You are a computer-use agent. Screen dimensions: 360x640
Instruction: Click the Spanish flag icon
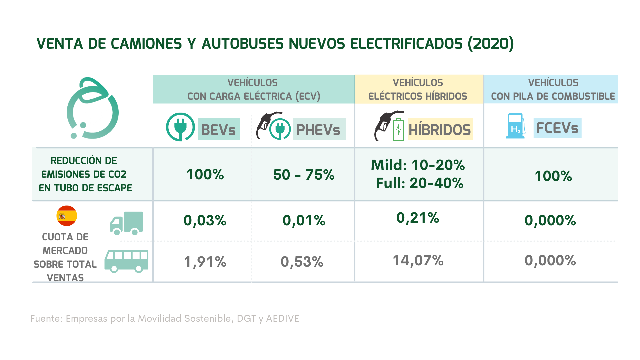67,216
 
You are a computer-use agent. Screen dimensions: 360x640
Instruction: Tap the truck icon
126,223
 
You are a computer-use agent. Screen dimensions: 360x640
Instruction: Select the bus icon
126,261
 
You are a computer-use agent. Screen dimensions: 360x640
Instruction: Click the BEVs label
219,129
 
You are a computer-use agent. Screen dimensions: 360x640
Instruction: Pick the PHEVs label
319,129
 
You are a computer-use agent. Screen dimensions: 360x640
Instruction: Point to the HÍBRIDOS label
440,129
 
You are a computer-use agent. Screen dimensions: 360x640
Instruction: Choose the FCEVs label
557,128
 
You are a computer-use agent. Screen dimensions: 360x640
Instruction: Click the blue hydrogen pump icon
515,126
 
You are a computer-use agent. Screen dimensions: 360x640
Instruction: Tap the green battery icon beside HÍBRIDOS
398,129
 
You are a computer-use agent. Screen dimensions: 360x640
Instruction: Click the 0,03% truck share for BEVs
205,220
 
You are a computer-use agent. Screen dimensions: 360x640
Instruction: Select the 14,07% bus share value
418,260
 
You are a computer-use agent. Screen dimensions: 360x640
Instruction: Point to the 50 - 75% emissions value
304,175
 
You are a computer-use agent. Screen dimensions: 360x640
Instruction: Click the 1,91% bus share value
205,262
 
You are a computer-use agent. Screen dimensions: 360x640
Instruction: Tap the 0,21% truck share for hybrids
418,218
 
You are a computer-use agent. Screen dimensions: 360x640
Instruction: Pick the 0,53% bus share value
302,262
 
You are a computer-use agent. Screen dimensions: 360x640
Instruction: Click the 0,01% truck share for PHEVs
304,220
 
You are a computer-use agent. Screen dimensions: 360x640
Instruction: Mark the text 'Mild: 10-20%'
418,165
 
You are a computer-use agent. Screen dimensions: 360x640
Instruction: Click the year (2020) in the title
491,44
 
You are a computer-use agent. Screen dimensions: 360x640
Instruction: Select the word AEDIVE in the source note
282,319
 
